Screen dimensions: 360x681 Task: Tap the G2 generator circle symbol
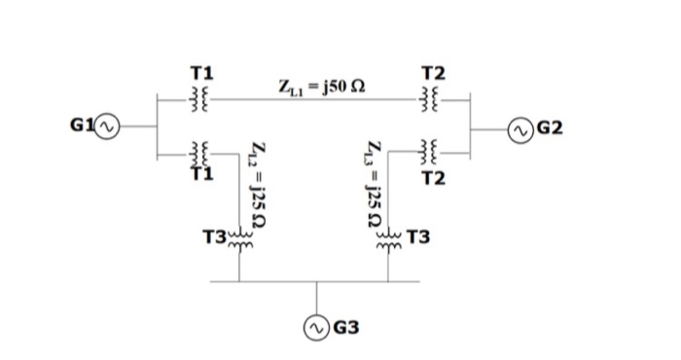click(x=522, y=127)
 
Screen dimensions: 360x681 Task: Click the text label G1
click(x=83, y=126)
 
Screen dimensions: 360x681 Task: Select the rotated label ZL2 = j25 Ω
click(x=257, y=185)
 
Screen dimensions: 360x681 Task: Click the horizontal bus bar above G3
click(x=316, y=281)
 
